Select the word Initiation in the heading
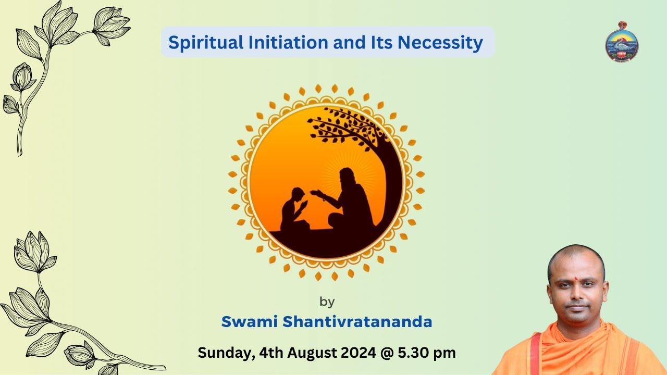click(x=264, y=43)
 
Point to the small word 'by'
click(x=327, y=302)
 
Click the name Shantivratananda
click(x=357, y=322)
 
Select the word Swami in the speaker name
click(x=249, y=322)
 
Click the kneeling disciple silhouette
click(x=293, y=211)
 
